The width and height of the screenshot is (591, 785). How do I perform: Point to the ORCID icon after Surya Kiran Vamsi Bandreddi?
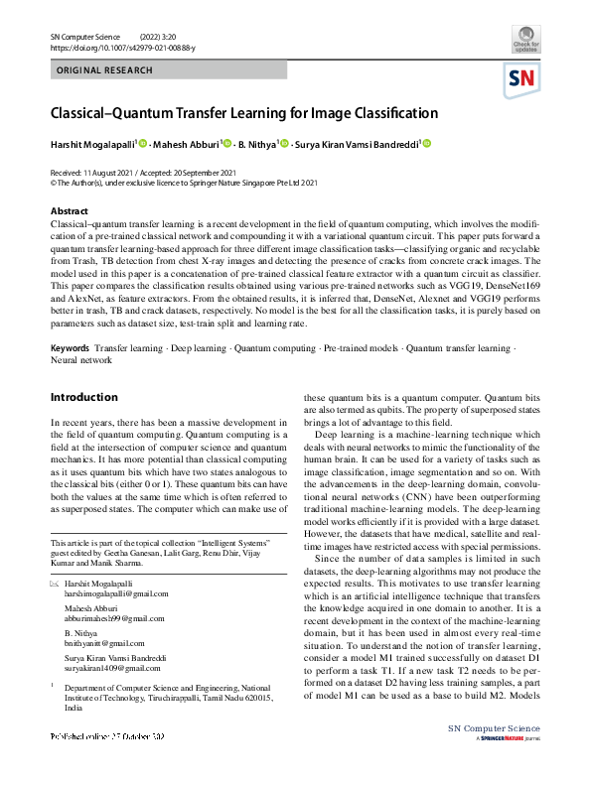pos(428,144)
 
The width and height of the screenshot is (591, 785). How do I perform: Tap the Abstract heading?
pos(69,211)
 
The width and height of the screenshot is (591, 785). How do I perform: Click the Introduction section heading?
pos(83,397)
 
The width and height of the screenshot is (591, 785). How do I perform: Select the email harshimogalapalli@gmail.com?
pos(113,592)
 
